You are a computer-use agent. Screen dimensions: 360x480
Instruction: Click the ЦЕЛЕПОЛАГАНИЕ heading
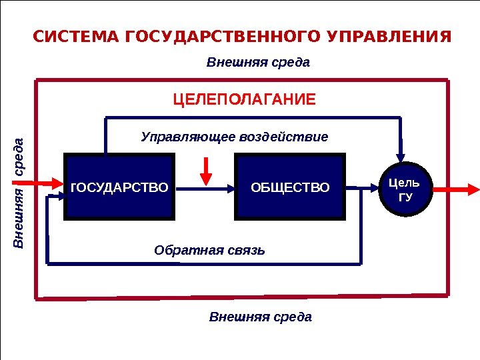245,101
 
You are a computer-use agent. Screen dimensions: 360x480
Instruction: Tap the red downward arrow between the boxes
207,171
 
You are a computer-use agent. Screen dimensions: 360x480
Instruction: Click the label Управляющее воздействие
235,137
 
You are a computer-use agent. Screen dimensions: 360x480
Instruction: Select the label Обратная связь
209,251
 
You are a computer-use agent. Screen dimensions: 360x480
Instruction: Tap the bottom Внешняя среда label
261,316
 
